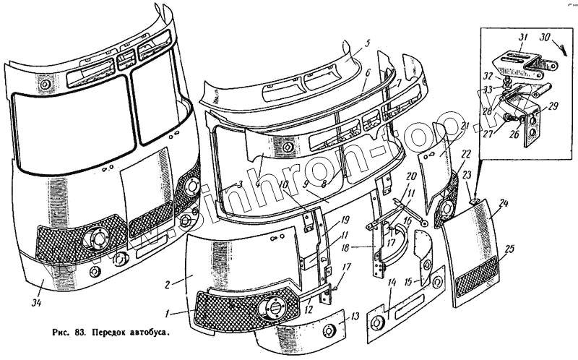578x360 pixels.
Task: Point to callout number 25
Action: coord(509,249)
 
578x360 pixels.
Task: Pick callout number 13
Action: coord(355,316)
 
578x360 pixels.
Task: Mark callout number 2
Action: coord(168,284)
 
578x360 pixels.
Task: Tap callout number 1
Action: coord(167,314)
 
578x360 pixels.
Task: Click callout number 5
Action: coord(367,43)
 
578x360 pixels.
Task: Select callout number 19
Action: coord(346,220)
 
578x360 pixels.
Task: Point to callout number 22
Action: coord(467,154)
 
